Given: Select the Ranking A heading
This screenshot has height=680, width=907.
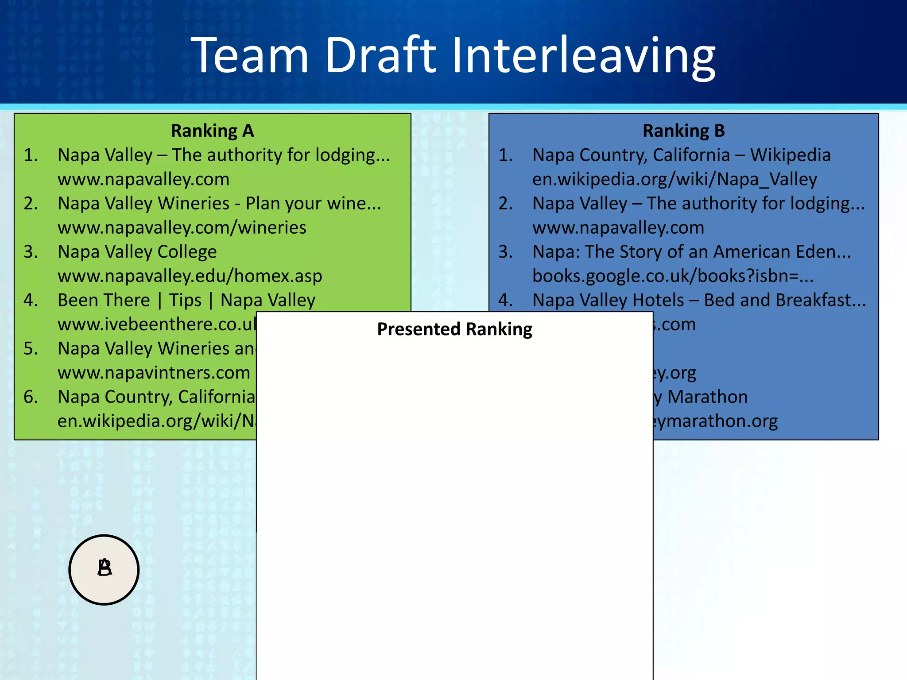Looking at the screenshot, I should click(212, 131).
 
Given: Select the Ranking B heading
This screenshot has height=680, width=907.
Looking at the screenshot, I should click(683, 131).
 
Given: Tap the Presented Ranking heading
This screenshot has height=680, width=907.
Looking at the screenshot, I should click(454, 329).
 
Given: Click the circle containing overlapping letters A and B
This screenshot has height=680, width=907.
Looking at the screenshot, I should click(104, 569).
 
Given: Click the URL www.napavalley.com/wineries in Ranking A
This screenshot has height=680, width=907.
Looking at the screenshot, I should click(182, 228).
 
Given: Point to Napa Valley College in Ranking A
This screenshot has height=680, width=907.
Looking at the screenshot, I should click(137, 252).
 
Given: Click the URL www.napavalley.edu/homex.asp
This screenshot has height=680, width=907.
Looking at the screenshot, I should click(190, 276).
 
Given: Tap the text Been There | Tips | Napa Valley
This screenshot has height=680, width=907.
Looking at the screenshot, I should click(186, 300).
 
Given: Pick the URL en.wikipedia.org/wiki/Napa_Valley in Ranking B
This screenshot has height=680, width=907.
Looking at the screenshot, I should click(674, 179).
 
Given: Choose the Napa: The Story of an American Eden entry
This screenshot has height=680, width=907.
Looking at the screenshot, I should click(691, 252).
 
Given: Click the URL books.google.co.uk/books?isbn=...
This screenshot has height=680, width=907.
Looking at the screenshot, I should click(673, 276).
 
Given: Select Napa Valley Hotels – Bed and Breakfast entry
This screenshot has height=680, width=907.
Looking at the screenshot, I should click(699, 300).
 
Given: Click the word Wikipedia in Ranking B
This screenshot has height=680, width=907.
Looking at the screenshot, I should click(790, 155).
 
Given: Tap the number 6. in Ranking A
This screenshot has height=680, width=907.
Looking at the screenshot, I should click(31, 397).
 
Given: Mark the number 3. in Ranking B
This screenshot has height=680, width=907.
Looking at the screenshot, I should click(505, 252).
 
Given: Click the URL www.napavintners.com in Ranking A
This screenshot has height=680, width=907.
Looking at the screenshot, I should click(154, 373).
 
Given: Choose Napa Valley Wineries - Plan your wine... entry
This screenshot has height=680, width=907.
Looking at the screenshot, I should click(219, 204).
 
